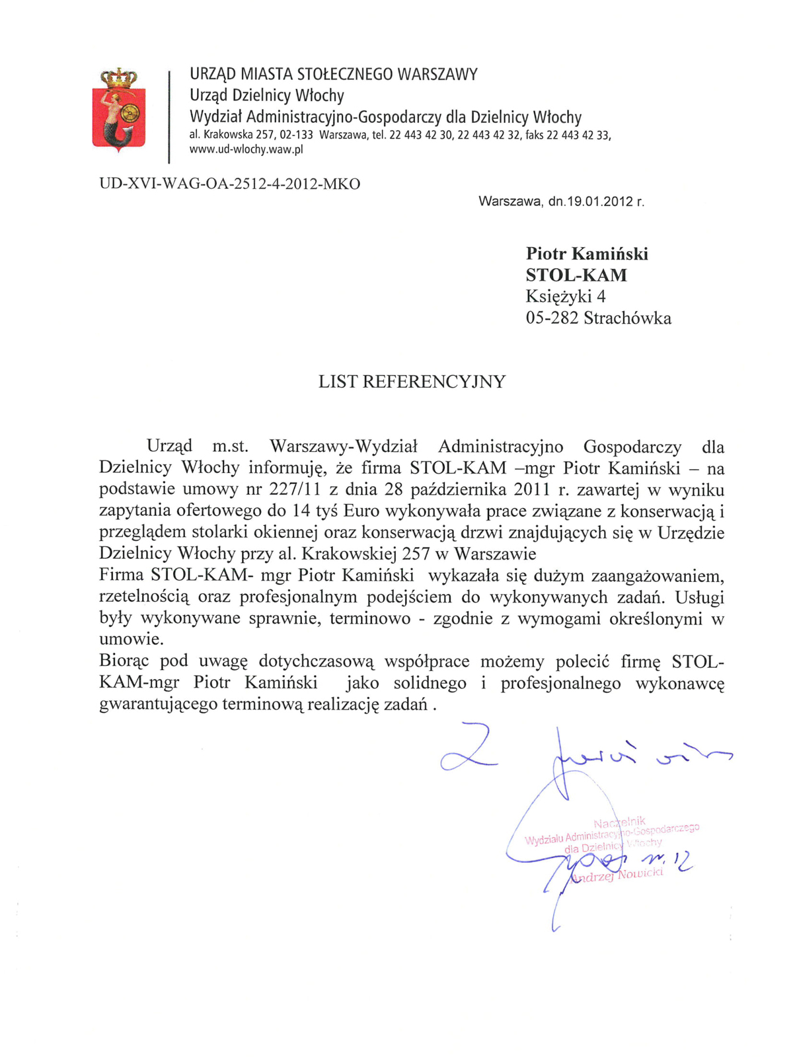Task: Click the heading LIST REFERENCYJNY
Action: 412,382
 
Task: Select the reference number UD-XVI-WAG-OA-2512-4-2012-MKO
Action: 229,184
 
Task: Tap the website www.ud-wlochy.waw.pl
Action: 246,149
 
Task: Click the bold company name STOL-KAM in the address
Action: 576,275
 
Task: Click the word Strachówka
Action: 627,318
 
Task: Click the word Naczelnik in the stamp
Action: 619,822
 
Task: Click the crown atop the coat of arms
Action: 118,78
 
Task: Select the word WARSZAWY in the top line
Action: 437,74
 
